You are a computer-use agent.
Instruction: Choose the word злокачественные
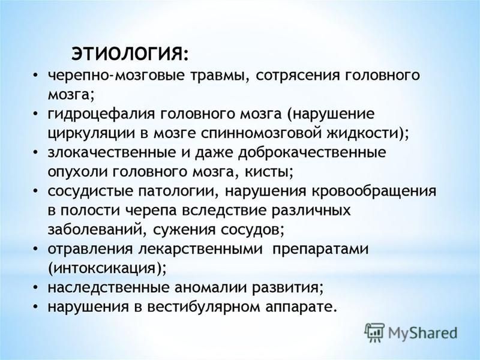[110, 152]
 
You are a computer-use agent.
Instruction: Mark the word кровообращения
[374, 191]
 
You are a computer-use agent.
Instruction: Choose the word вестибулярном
[203, 307]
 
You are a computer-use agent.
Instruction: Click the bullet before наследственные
[36, 289]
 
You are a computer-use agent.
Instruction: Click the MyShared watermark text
[423, 333]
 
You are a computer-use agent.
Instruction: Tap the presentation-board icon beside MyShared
[374, 332]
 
